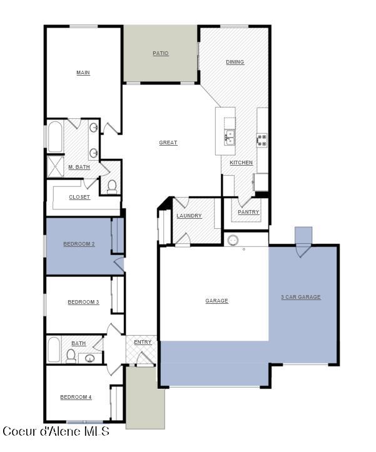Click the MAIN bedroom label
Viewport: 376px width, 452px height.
(x=83, y=73)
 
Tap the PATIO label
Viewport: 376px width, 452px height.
(x=161, y=54)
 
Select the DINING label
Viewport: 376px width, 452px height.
(x=235, y=62)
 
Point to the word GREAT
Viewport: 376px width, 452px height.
(x=168, y=143)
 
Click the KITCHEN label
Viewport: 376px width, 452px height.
(x=241, y=163)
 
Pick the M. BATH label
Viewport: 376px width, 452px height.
(x=79, y=167)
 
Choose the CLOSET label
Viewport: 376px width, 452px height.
(x=79, y=197)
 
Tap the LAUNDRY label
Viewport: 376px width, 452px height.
(x=189, y=216)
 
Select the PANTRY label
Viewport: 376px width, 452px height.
(x=248, y=212)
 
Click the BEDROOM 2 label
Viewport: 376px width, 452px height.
(x=79, y=244)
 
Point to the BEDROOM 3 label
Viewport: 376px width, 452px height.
(x=83, y=302)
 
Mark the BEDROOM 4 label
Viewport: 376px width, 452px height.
(x=76, y=397)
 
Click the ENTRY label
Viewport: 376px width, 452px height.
(x=143, y=342)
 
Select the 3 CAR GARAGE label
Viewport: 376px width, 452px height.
(x=301, y=297)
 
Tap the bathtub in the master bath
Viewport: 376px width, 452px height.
(x=54, y=138)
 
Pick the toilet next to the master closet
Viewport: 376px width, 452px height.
(x=112, y=186)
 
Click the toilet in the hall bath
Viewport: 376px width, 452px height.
(x=71, y=356)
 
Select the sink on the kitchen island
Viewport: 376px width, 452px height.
(x=230, y=137)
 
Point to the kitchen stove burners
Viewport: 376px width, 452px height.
(x=262, y=139)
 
